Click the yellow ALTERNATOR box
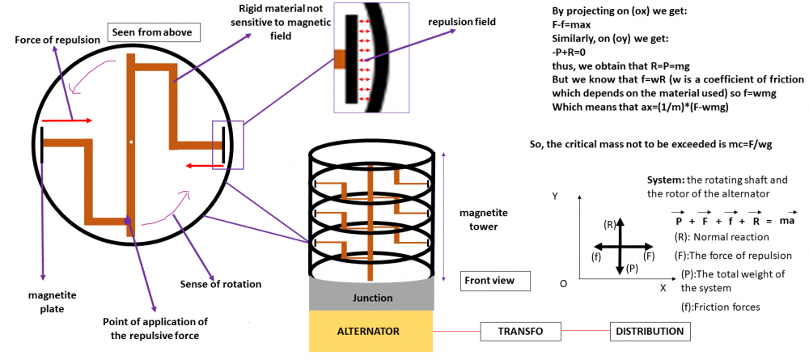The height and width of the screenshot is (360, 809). point(371,332)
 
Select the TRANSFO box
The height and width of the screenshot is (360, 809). point(520,332)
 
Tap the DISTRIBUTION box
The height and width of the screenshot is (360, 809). point(650,332)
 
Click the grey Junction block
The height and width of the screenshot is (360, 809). point(371,298)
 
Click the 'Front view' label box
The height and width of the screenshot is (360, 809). point(494,282)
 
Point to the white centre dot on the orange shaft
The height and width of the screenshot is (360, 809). point(130,142)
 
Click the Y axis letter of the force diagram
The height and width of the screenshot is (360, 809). point(554,196)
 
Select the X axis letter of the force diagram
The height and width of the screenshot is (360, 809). point(663,287)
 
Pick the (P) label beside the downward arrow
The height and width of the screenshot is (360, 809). point(633,268)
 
